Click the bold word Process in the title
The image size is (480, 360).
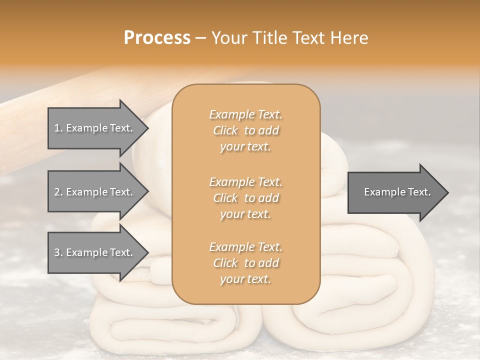tap(157, 38)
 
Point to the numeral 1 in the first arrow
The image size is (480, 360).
tap(57, 128)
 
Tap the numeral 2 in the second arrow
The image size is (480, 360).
tap(57, 192)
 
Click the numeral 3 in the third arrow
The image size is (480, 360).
tap(57, 252)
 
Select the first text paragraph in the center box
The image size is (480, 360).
tap(245, 130)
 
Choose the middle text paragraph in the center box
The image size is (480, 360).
tap(245, 198)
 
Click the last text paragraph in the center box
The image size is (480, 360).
tap(245, 263)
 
